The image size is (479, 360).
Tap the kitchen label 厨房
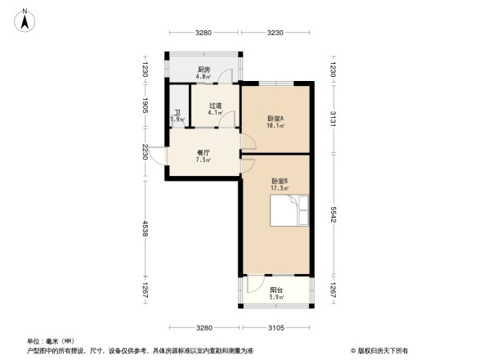pos(204,70)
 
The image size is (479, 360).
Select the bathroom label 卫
pos(177,113)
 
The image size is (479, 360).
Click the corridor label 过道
pos(216,106)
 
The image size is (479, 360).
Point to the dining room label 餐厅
pos(203,152)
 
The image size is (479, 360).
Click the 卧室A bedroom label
pos(275,119)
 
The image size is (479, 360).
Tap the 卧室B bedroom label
pos(280,182)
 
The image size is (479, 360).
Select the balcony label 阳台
pos(277,290)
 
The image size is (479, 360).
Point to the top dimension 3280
pos(204,33)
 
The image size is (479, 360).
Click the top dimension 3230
pos(275,33)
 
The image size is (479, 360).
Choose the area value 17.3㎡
pos(280,189)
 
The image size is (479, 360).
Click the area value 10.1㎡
pos(275,126)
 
